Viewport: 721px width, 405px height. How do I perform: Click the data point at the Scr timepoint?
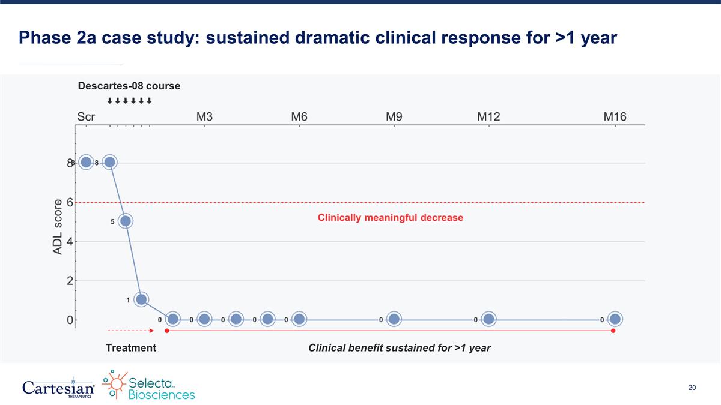click(86, 163)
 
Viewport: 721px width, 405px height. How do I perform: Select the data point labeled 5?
click(126, 221)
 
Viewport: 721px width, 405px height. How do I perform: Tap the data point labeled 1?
click(141, 299)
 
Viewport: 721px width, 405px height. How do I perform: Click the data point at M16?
click(615, 319)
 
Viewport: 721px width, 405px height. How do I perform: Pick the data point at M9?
click(394, 319)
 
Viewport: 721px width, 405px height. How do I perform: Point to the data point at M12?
click(488, 319)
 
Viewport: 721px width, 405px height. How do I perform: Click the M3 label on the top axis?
click(204, 116)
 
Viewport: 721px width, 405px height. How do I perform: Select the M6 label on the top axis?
click(299, 116)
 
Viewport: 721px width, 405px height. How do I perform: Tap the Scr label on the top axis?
click(86, 116)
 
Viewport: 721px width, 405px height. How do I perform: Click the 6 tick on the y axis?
click(70, 203)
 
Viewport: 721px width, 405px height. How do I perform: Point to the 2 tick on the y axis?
click(70, 281)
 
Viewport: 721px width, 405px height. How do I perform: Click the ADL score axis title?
click(57, 227)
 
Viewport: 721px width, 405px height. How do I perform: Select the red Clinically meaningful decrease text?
click(391, 218)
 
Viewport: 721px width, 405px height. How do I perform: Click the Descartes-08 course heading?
click(129, 86)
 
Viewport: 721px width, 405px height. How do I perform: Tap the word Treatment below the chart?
click(131, 348)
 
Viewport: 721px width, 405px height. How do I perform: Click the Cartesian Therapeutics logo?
click(58, 388)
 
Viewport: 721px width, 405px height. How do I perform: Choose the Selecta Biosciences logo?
click(148, 385)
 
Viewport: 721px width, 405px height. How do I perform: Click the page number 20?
click(692, 388)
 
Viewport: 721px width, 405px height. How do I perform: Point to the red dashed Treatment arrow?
click(131, 331)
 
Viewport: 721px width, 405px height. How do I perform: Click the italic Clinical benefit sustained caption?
click(400, 348)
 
